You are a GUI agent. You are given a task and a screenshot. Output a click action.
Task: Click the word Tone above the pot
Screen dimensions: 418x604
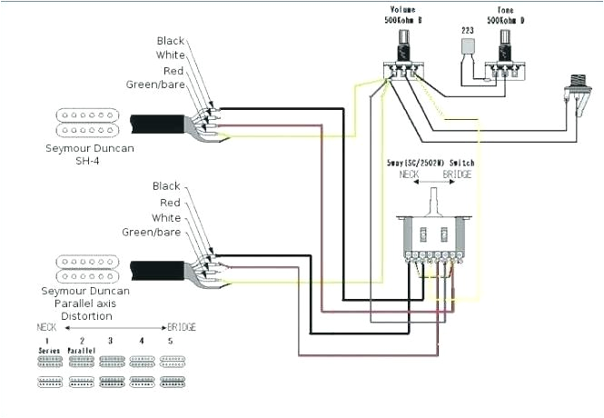[x=502, y=7]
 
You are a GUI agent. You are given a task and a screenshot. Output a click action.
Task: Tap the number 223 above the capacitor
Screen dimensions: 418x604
[x=468, y=30]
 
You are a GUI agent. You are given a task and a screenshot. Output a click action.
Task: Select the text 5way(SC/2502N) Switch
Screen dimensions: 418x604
[x=430, y=162]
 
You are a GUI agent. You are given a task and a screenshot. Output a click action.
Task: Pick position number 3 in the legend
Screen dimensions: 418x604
[x=111, y=339]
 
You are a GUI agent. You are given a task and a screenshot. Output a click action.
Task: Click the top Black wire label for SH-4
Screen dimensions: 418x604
[x=170, y=41]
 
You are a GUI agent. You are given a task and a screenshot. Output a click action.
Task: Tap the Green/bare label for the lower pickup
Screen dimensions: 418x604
[x=153, y=232]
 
